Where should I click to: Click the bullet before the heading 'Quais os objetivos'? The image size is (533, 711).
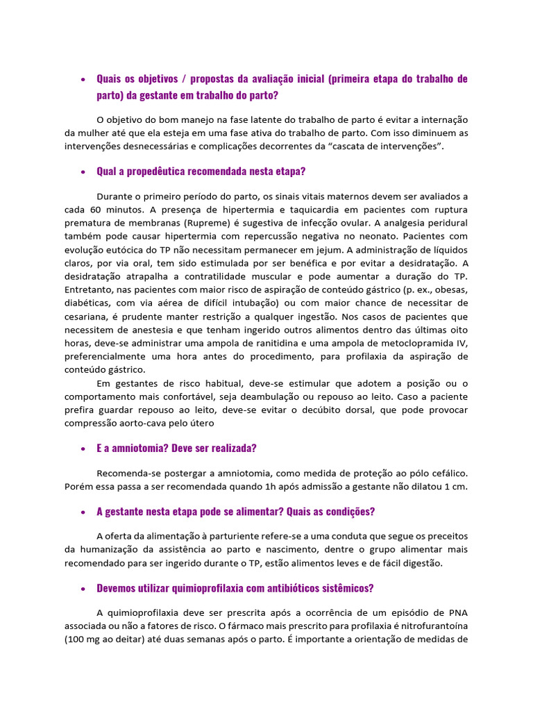point(83,79)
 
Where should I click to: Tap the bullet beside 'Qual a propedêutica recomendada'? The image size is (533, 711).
point(83,172)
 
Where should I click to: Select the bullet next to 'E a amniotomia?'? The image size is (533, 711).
point(83,449)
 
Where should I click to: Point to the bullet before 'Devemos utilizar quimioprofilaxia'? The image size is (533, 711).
point(83,588)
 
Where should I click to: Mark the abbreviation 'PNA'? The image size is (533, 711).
point(454,612)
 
